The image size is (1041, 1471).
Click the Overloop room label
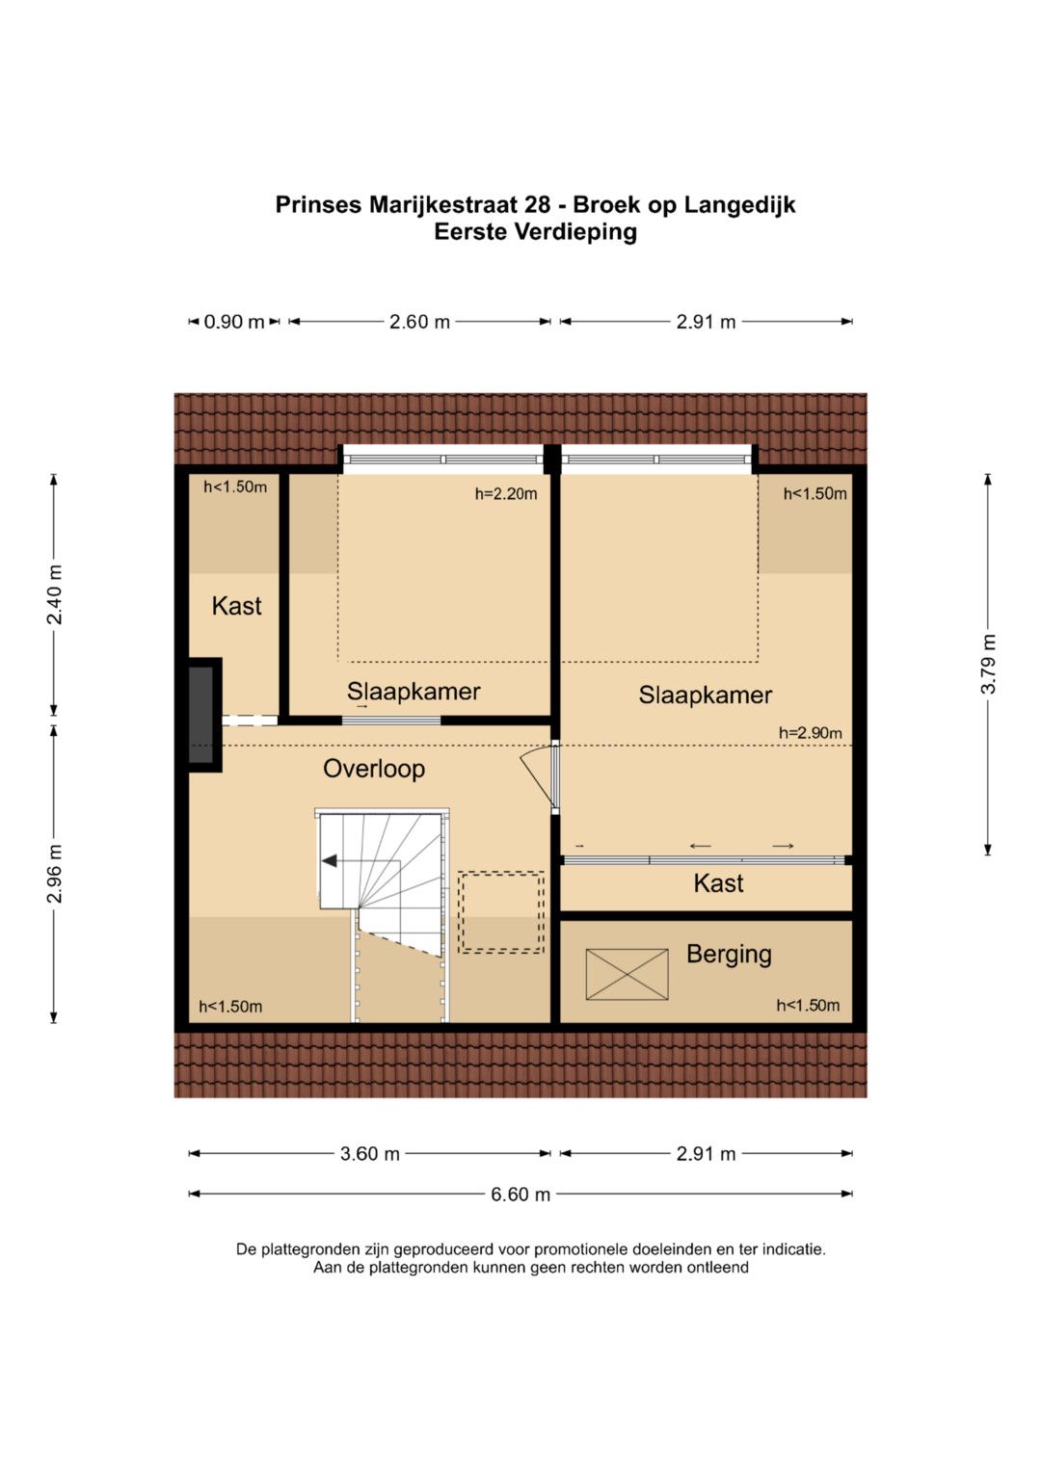(373, 769)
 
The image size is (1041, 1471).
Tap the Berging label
(729, 955)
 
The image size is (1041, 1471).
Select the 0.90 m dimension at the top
(234, 322)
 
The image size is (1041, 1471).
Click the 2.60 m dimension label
(419, 322)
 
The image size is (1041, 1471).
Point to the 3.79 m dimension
(988, 665)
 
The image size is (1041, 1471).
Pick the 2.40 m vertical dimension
(55, 594)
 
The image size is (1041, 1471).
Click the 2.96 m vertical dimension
(55, 874)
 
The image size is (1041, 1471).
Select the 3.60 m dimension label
(369, 1154)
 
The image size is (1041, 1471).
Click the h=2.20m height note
(506, 494)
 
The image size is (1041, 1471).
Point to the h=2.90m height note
(810, 733)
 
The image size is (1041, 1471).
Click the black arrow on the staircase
(330, 860)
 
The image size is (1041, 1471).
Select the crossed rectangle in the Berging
(627, 975)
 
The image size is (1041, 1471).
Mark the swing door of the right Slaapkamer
(539, 779)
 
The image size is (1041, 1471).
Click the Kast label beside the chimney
(236, 606)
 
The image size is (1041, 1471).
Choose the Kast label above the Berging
(718, 883)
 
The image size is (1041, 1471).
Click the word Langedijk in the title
(740, 205)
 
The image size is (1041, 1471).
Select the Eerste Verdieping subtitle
(536, 232)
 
